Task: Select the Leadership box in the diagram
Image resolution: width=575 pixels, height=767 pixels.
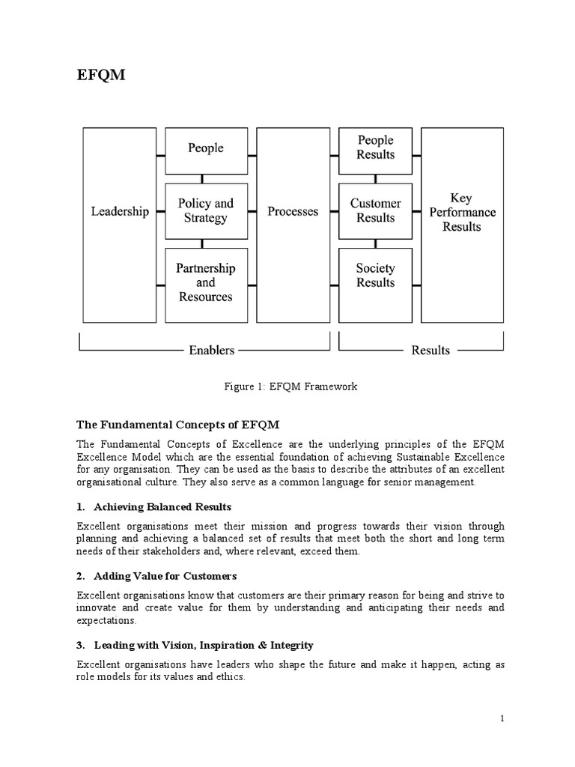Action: pyautogui.click(x=120, y=212)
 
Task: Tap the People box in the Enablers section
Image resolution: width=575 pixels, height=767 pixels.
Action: pyautogui.click(x=206, y=148)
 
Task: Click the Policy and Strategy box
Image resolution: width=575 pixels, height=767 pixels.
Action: pyautogui.click(x=206, y=210)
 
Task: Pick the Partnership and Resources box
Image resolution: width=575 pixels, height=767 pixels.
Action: pyautogui.click(x=206, y=282)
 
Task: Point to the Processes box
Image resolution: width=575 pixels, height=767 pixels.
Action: pyautogui.click(x=293, y=212)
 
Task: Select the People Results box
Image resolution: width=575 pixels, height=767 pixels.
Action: pyautogui.click(x=376, y=148)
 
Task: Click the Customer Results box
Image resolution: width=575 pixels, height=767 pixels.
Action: pyautogui.click(x=376, y=210)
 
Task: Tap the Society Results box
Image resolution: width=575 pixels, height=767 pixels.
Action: pyautogui.click(x=376, y=275)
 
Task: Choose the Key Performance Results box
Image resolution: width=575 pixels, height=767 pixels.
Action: pyautogui.click(x=461, y=212)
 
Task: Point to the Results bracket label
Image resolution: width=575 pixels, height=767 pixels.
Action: pyautogui.click(x=431, y=350)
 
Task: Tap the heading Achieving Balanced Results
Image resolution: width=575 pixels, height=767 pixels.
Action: pyautogui.click(x=162, y=507)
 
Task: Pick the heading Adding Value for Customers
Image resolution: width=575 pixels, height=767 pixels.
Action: pyautogui.click(x=165, y=576)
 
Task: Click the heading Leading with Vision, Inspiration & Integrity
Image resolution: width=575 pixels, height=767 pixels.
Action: pyautogui.click(x=204, y=645)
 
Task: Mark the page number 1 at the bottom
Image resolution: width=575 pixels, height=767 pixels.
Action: pyautogui.click(x=502, y=718)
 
